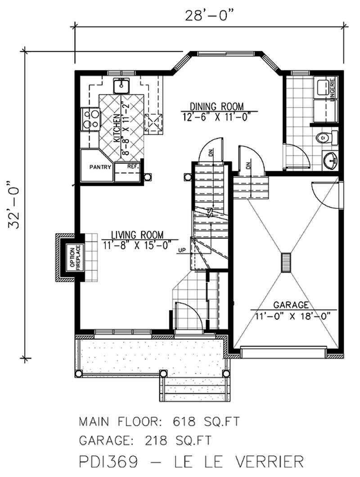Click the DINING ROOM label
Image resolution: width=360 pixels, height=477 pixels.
216,107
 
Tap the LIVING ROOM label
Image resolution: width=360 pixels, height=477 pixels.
138,234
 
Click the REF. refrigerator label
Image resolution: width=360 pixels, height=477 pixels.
132,166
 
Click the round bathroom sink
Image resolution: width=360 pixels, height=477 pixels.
331,159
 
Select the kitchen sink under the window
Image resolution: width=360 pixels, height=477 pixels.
121,84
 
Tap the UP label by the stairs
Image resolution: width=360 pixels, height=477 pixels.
182,251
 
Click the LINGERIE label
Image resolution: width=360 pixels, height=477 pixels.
333,90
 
